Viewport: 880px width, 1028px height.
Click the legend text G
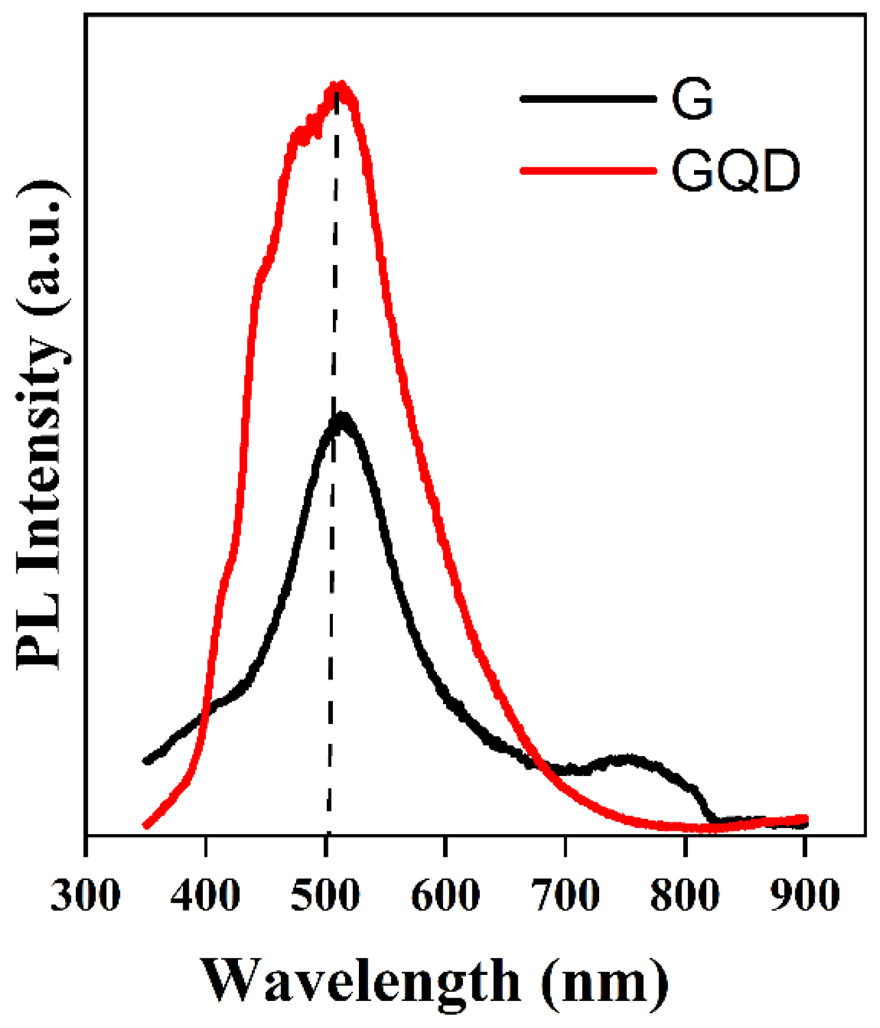pos(692,99)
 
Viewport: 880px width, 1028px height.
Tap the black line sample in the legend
pos(588,98)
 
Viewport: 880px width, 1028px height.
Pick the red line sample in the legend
pos(588,170)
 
